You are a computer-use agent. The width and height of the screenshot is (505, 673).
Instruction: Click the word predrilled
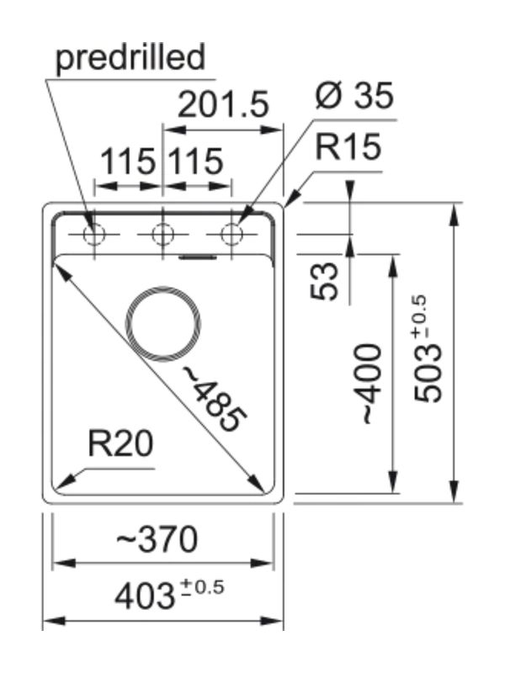(130, 59)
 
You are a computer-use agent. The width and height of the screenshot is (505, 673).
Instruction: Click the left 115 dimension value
(128, 161)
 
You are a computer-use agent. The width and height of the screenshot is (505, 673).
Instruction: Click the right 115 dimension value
(195, 161)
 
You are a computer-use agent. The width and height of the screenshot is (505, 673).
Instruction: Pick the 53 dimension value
(324, 280)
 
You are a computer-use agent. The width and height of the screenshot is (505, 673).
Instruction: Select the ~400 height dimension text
(371, 383)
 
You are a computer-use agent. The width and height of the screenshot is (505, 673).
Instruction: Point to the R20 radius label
(121, 444)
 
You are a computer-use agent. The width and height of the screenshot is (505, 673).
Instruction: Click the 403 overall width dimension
(143, 596)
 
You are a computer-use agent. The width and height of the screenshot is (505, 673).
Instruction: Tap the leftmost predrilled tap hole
(94, 234)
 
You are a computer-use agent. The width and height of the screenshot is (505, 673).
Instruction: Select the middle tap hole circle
(162, 234)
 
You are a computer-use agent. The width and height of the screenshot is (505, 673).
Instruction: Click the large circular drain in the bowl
(163, 323)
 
